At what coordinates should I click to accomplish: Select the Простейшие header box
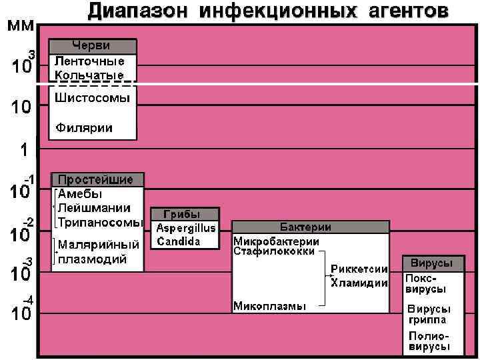click(x=97, y=180)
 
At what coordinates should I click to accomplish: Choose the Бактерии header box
click(x=310, y=227)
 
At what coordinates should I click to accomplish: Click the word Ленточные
click(x=89, y=61)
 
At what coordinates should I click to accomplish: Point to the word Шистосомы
click(x=93, y=98)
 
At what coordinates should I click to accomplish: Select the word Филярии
click(x=84, y=127)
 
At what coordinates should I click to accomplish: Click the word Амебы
click(x=80, y=194)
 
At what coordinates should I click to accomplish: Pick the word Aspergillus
click(x=186, y=228)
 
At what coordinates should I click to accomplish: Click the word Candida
click(x=178, y=241)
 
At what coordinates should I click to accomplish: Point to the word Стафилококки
click(x=273, y=251)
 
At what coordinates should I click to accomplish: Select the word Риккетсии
click(x=359, y=269)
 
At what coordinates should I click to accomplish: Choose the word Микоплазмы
click(x=269, y=306)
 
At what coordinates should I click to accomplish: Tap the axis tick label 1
click(x=24, y=149)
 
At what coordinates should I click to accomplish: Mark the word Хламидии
click(x=359, y=283)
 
